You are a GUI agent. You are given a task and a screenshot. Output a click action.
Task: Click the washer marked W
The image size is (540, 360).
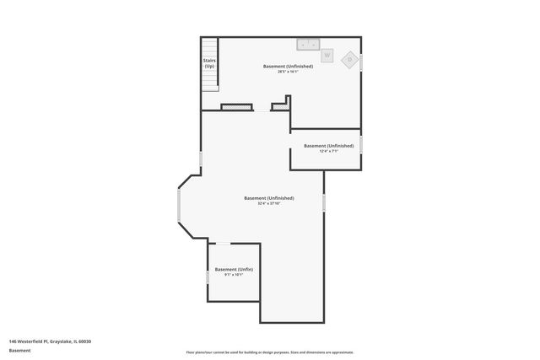coord(327,55)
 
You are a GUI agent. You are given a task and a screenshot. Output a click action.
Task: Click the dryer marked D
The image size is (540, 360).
coord(349,59)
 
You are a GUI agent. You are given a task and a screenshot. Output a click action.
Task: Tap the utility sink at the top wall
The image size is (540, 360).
coord(306,43)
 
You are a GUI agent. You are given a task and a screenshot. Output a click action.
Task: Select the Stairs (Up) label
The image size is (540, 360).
coord(209,63)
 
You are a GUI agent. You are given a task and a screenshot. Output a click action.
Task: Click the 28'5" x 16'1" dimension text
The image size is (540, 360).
coord(289,72)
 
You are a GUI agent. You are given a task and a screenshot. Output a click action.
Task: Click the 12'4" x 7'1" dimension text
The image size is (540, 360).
coord(328,152)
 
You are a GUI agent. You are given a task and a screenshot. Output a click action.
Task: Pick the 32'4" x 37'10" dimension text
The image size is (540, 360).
coord(269,204)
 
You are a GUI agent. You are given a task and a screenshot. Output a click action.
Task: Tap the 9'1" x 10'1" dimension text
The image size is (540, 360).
coord(234,275)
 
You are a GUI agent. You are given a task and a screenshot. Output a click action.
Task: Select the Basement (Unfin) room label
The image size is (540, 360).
coord(234,269)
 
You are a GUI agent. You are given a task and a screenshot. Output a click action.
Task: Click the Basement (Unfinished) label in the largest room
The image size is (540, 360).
coord(269,198)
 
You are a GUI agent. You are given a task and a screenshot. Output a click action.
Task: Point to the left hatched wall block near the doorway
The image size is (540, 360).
coord(237,107)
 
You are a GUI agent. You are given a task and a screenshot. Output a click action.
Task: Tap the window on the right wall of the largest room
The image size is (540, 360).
coord(324,203)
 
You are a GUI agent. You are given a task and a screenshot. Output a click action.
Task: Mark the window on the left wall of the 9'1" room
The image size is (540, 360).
coord(208,275)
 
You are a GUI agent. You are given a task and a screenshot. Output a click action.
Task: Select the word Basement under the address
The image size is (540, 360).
coord(19,350)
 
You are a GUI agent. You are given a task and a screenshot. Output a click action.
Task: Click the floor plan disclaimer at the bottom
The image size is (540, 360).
coord(269,352)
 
